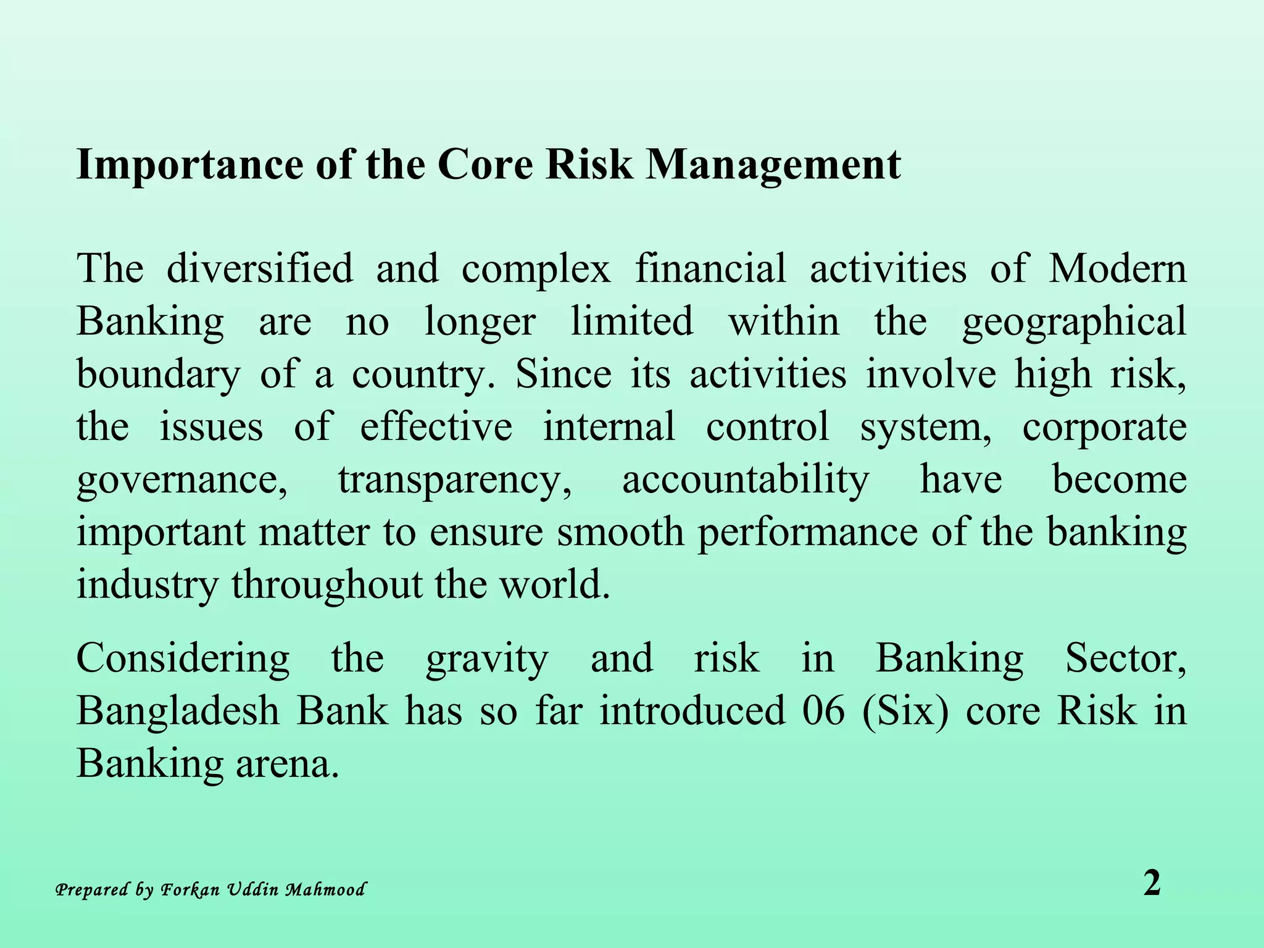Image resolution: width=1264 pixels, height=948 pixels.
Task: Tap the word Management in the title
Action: (773, 165)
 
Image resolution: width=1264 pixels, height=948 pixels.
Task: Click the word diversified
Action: (259, 268)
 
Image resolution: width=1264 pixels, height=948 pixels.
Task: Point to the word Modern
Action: (1118, 268)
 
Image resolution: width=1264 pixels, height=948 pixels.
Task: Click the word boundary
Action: (158, 375)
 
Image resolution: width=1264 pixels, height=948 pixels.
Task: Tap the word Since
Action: (563, 374)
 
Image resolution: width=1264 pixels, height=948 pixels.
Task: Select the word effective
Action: (436, 426)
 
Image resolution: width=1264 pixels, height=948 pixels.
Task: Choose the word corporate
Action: (1104, 428)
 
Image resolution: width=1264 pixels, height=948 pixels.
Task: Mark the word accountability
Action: (745, 480)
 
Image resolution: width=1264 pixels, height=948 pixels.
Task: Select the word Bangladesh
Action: (178, 710)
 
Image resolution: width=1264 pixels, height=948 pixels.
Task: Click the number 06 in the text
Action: (823, 710)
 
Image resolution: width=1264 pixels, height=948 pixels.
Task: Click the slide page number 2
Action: (1152, 883)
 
